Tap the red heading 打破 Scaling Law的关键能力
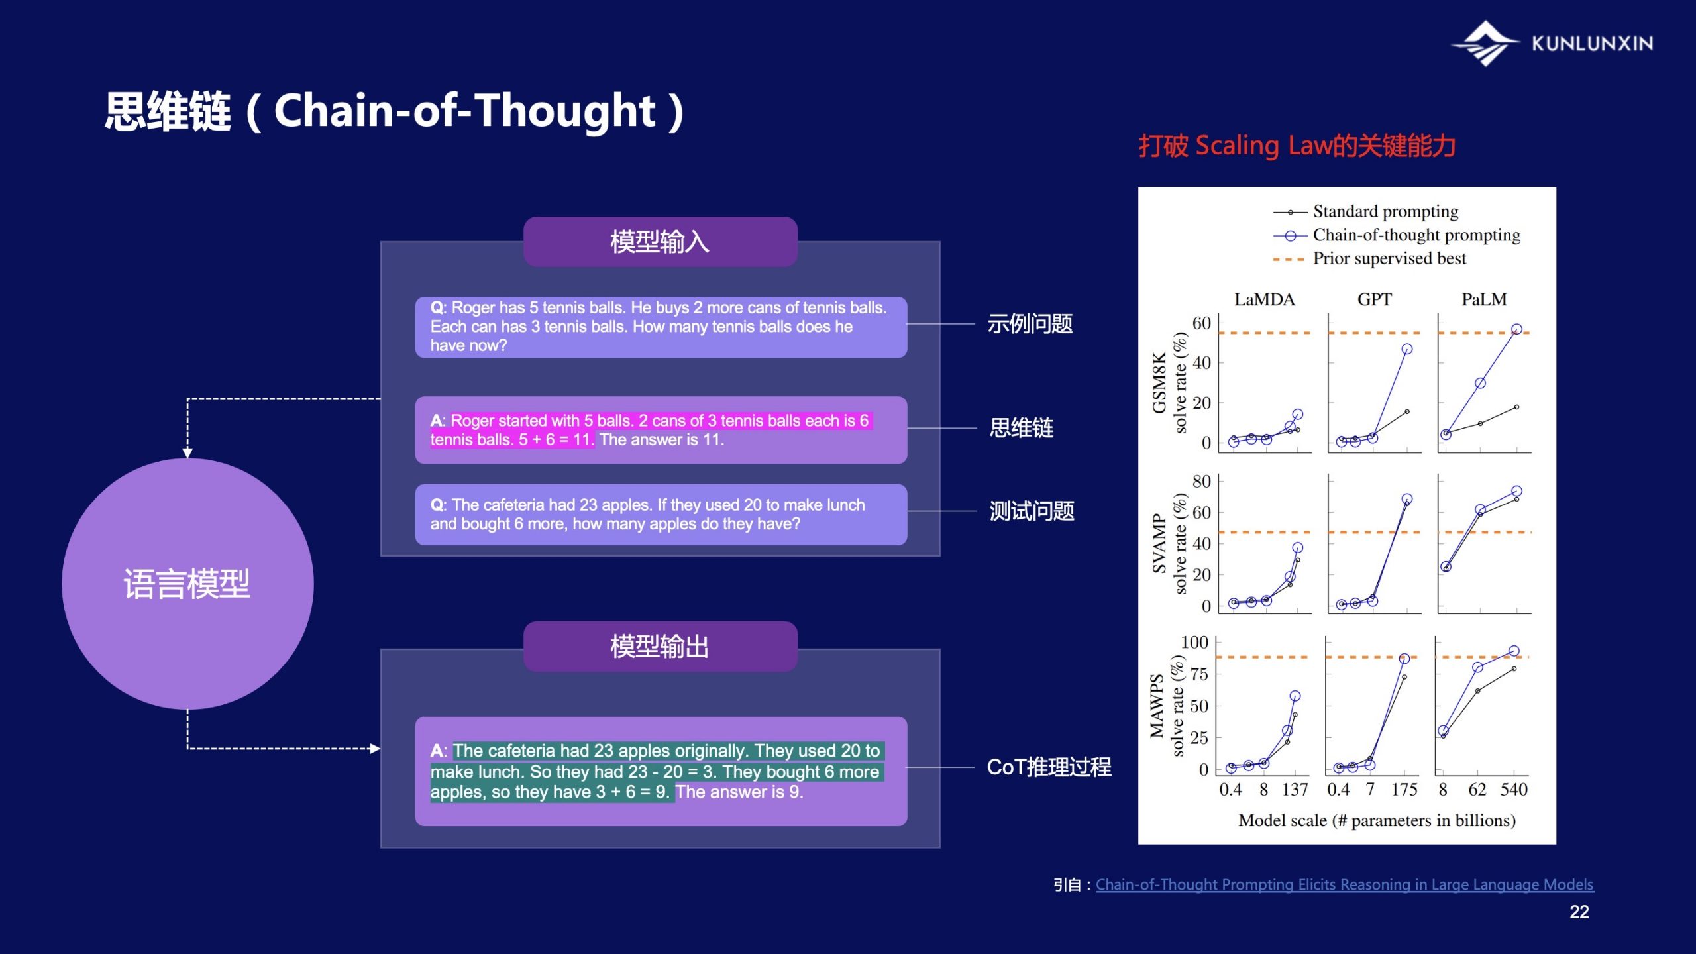[x=1297, y=146]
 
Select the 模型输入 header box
[x=660, y=242]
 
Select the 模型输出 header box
[x=660, y=647]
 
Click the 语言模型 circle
[x=187, y=584]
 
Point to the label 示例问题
[x=1030, y=324]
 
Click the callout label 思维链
[x=1021, y=428]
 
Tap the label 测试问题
[x=1032, y=511]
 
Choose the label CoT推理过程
[x=1049, y=767]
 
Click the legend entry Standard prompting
[x=1365, y=211]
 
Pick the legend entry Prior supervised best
[x=1369, y=258]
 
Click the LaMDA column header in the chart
[x=1264, y=299]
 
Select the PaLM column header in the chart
[x=1484, y=299]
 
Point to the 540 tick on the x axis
[x=1514, y=790]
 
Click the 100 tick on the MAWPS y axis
[x=1194, y=643]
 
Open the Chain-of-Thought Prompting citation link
[x=1344, y=885]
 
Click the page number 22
[x=1579, y=912]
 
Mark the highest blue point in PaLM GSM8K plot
[x=1516, y=329]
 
